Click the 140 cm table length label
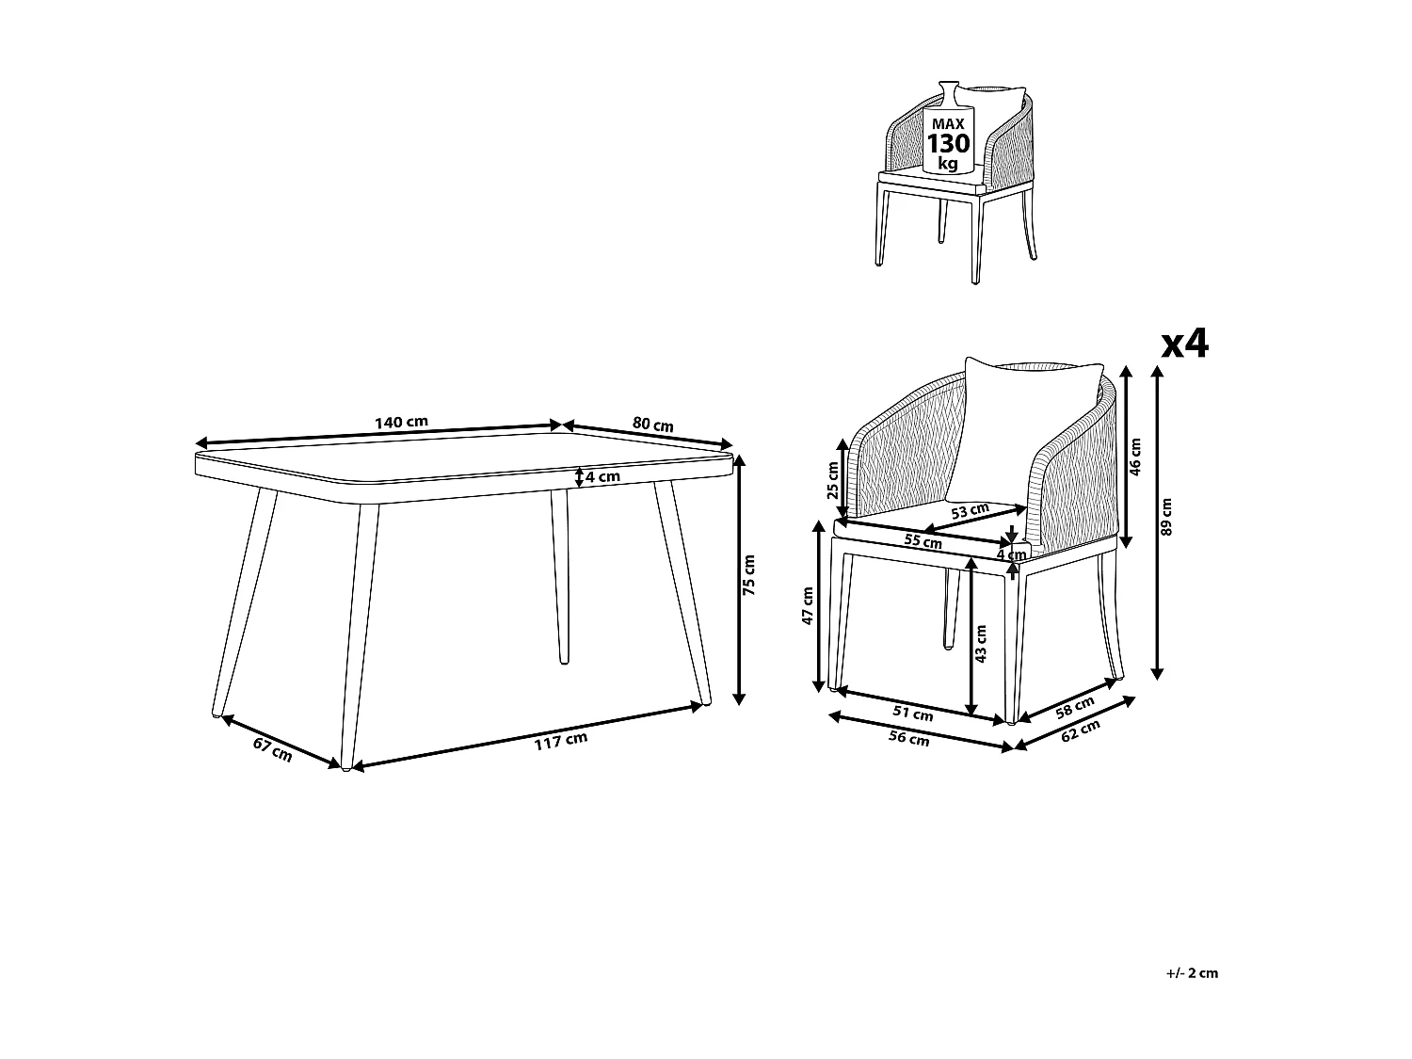tap(401, 423)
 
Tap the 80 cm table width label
tap(652, 425)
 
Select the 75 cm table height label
tap(749, 576)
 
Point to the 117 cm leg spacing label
tap(560, 742)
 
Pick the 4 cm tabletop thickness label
tap(602, 476)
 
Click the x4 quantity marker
tap(1184, 345)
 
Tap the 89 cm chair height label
tap(1167, 517)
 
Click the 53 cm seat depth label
tap(970, 511)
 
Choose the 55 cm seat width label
tap(923, 541)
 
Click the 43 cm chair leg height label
tap(982, 644)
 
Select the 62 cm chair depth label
tap(1080, 731)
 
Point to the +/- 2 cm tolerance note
tap(1191, 973)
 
